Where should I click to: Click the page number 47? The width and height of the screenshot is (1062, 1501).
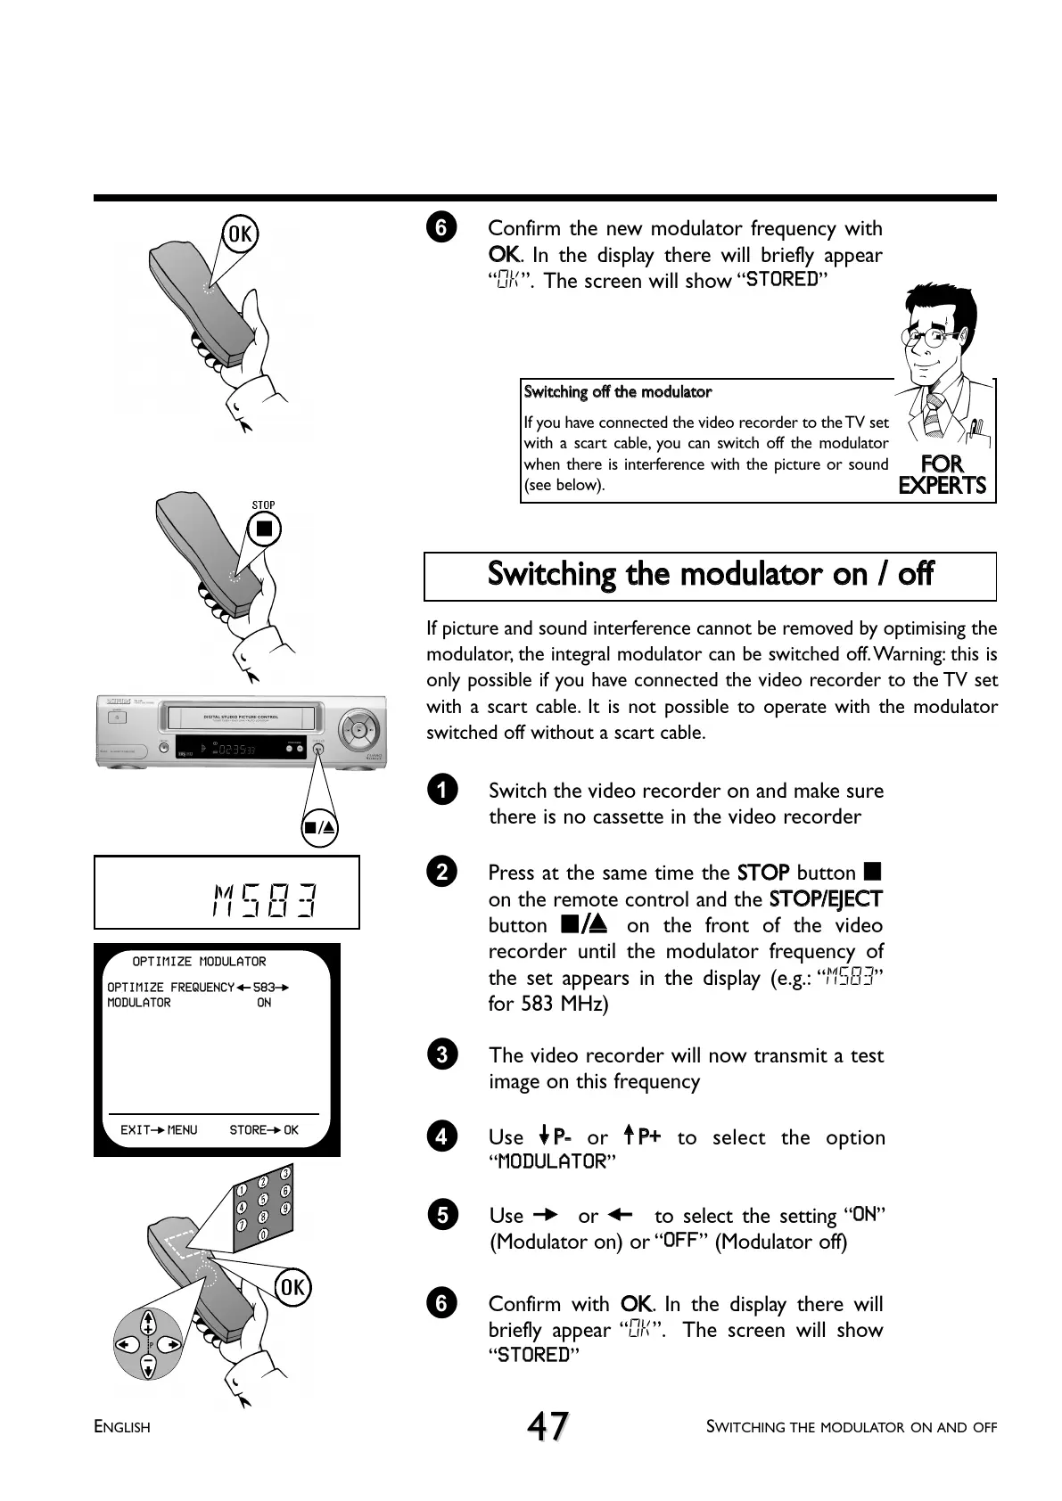547,1426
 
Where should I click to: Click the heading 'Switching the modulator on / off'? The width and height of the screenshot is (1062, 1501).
710,574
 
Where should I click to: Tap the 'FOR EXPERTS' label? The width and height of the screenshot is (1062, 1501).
942,474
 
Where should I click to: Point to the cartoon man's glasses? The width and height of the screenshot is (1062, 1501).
931,337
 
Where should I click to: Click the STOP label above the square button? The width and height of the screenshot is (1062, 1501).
263,505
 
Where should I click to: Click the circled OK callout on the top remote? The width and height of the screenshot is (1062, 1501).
240,234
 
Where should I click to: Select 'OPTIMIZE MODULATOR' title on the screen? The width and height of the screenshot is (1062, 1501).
199,962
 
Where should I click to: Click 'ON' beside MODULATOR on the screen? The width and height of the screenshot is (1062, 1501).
264,1003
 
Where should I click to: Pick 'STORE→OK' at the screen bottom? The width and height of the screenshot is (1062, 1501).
264,1130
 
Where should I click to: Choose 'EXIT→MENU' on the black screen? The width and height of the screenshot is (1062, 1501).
159,1130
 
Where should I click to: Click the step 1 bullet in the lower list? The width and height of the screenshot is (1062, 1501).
441,790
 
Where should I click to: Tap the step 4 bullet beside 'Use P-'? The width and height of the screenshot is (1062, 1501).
441,1136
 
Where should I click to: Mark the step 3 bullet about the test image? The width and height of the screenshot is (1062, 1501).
441,1054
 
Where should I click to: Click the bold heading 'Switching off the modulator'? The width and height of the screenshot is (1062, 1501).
618,392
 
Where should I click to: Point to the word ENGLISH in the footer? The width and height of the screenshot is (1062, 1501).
122,1427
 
